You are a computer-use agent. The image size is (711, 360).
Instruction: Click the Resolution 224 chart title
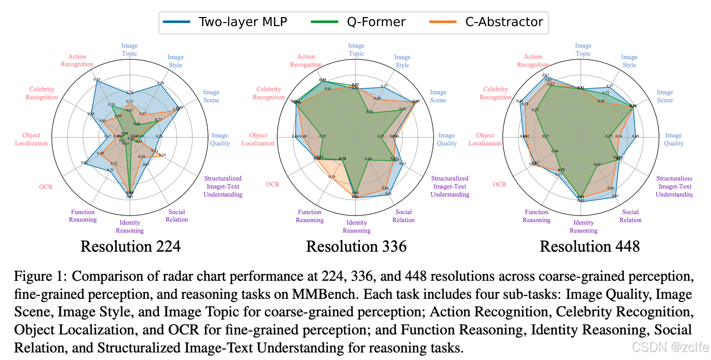tap(130, 247)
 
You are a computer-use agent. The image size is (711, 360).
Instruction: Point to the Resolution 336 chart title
tap(356, 247)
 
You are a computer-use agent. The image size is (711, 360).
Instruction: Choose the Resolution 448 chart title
tap(590, 247)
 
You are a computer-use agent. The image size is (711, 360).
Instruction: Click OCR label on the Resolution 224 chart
tap(46, 187)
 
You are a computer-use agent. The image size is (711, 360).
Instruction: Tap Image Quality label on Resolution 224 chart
tap(220, 139)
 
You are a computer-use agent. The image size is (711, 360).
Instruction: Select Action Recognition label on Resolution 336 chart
tap(306, 61)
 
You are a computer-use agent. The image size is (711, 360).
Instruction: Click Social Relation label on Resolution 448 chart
tap(630, 216)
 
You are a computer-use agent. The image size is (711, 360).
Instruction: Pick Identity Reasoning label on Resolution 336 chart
tap(357, 227)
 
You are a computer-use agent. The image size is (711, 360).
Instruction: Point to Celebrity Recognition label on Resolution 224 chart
tap(42, 93)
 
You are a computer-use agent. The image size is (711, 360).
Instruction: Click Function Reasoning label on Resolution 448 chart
tap(537, 216)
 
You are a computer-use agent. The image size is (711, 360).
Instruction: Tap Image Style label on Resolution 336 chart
tap(402, 61)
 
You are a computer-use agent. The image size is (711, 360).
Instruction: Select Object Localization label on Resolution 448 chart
tap(485, 139)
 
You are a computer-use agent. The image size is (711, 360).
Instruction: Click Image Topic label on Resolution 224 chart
tap(129, 50)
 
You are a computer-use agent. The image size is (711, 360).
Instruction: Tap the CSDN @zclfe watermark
tap(670, 347)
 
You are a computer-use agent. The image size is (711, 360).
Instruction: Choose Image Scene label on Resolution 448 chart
tap(665, 96)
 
